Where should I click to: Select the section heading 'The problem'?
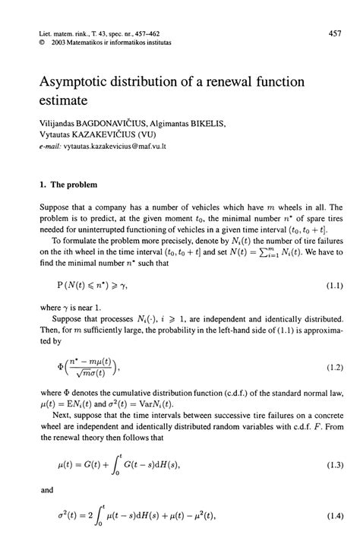coord(74,183)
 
